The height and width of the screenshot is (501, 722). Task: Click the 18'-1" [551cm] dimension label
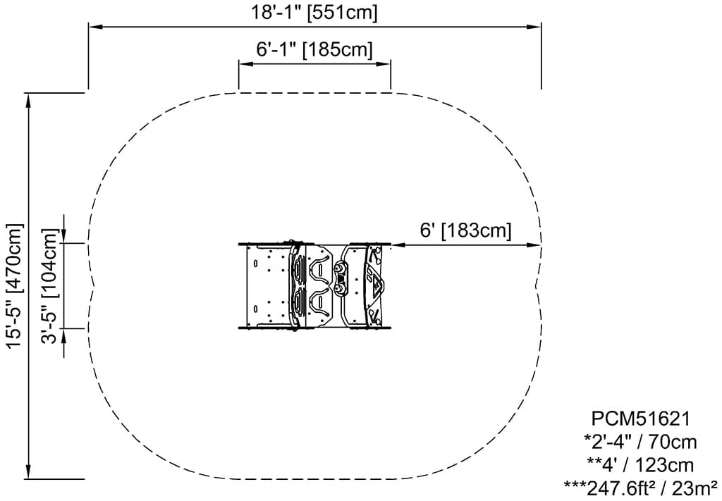(314, 12)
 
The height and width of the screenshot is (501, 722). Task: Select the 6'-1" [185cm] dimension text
(314, 49)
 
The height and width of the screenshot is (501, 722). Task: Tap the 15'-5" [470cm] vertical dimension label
(14, 285)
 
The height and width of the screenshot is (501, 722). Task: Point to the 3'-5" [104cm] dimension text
(51, 285)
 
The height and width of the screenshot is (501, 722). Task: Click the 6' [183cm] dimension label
(465, 230)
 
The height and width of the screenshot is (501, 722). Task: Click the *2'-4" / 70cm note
(640, 443)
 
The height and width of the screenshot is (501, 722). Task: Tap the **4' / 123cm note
(640, 466)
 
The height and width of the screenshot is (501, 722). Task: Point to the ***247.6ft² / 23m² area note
(640, 487)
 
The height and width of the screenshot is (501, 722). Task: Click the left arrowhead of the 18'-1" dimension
(95, 27)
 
